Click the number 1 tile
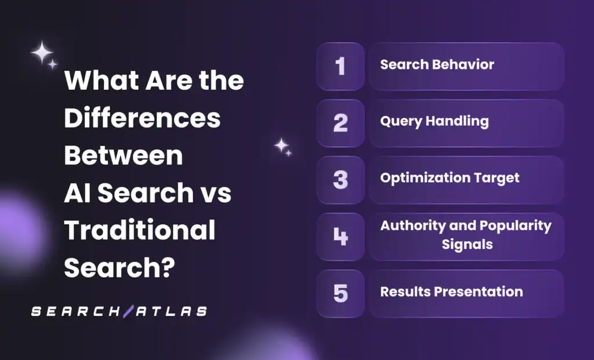tap(341, 66)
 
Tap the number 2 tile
tap(341, 123)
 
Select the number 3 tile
tap(341, 180)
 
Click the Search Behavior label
tap(437, 64)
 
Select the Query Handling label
tap(434, 121)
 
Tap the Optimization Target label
tap(450, 178)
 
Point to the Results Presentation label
tap(451, 292)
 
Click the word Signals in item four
tap(467, 244)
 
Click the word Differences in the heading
tap(142, 118)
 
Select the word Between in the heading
tap(123, 155)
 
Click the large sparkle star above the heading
tap(42, 53)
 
